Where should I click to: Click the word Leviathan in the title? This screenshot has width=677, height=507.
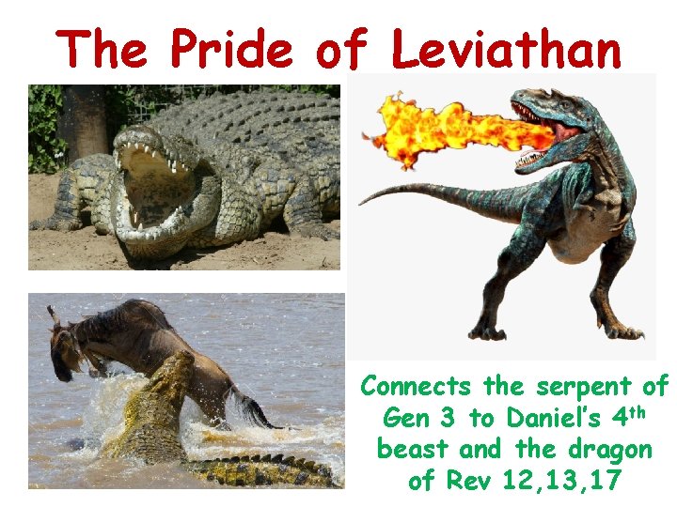[x=506, y=49]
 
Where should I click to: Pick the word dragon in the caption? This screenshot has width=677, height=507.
[x=612, y=449]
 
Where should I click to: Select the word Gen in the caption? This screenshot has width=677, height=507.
[x=405, y=418]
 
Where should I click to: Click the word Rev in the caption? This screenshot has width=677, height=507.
[x=467, y=481]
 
